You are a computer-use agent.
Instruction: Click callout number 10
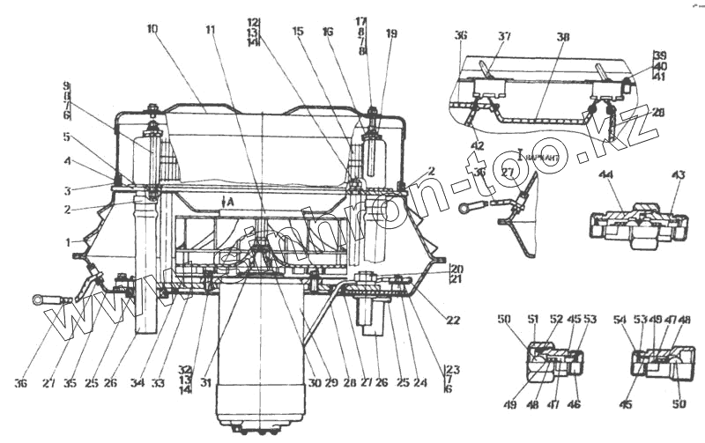pyautogui.click(x=152, y=29)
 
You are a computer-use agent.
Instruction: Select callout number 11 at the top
pyautogui.click(x=211, y=29)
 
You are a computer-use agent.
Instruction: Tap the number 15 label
pyautogui.click(x=298, y=32)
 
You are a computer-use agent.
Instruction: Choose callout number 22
pyautogui.click(x=453, y=321)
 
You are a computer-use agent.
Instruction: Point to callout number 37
pyautogui.click(x=505, y=36)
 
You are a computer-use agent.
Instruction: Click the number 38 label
pyautogui.click(x=563, y=37)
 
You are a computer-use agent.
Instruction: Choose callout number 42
pyautogui.click(x=476, y=146)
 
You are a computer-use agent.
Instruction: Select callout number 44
pyautogui.click(x=632, y=175)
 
